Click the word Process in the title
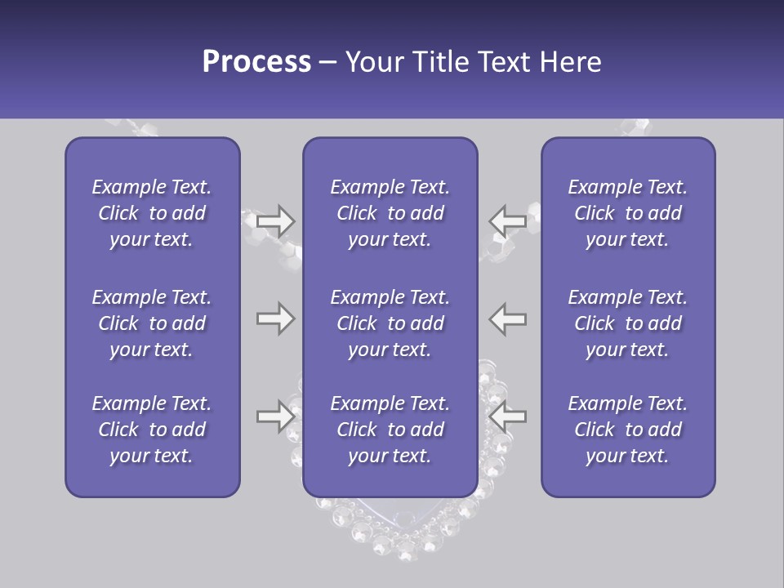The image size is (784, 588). click(x=256, y=62)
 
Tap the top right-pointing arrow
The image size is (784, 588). click(x=275, y=220)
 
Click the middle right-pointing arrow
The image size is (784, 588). click(x=275, y=318)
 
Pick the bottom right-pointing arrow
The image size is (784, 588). click(x=275, y=416)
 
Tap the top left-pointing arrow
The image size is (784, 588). click(x=507, y=220)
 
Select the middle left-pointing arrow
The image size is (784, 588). click(x=507, y=318)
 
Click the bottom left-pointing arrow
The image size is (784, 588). click(x=507, y=416)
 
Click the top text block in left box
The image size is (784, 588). click(x=152, y=213)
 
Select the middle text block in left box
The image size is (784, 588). click(x=152, y=323)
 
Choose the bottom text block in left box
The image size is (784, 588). click(x=152, y=430)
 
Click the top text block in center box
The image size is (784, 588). click(x=390, y=213)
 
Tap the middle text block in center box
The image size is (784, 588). click(x=390, y=323)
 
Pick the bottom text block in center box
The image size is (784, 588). click(x=390, y=430)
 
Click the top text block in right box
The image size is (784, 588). click(x=627, y=213)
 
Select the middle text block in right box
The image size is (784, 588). click(x=627, y=323)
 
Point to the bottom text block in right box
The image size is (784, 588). click(x=627, y=430)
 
